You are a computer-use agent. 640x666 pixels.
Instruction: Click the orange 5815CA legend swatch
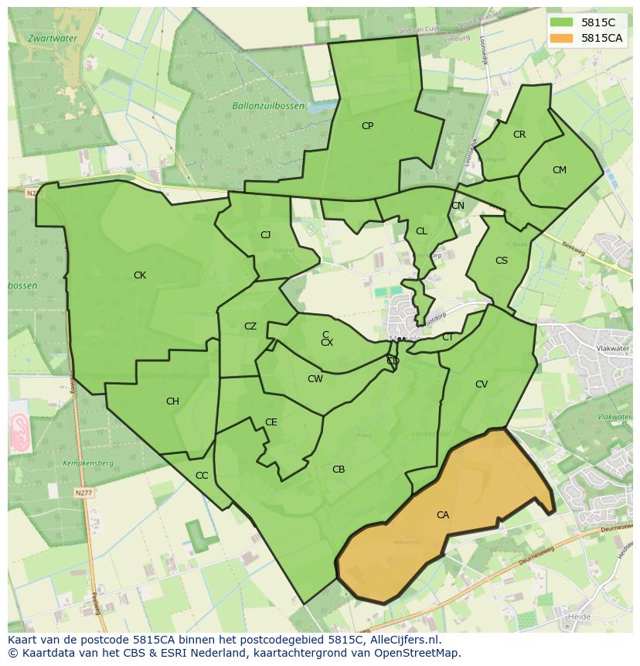[x=563, y=38]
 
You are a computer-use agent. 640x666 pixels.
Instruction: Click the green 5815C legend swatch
[x=563, y=22]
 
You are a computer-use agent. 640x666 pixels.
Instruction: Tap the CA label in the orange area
[x=443, y=515]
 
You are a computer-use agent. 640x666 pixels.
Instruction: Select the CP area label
[x=368, y=125]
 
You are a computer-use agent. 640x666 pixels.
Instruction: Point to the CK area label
[x=140, y=275]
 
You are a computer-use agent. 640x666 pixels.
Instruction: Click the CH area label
[x=172, y=401]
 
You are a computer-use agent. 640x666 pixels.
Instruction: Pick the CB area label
[x=339, y=470]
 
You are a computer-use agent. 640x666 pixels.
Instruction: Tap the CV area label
[x=482, y=384]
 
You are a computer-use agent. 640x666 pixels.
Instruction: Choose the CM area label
[x=560, y=170]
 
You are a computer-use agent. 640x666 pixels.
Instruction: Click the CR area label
[x=519, y=135]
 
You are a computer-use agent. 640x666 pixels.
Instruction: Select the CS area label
[x=502, y=261]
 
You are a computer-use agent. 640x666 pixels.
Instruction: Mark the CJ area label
[x=265, y=235]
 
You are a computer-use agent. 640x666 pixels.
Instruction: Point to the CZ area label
[x=250, y=326]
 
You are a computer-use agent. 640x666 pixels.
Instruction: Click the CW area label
[x=315, y=379]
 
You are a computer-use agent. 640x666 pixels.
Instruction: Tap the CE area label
[x=271, y=422]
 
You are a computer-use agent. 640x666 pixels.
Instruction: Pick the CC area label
[x=202, y=476]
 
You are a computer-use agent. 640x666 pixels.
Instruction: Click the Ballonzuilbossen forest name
[x=268, y=105]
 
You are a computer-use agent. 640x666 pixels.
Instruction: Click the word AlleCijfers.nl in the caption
[x=403, y=640]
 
